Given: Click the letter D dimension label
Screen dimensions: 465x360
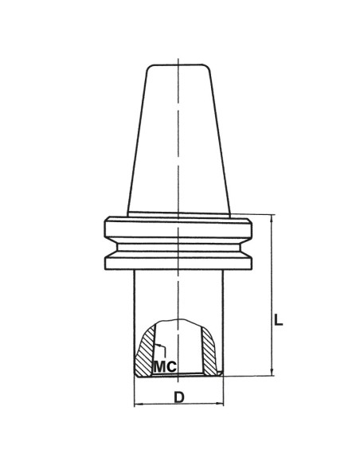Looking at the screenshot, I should click(181, 396).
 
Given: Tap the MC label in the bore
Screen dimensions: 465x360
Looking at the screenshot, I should click(164, 367).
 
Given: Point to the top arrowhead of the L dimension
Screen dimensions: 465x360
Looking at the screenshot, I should click(272, 217).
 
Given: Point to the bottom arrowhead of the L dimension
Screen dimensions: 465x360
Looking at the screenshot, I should click(272, 371).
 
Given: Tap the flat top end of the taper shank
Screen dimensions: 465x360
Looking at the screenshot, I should click(178, 65).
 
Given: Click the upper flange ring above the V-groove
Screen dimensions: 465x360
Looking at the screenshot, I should click(180, 226).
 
